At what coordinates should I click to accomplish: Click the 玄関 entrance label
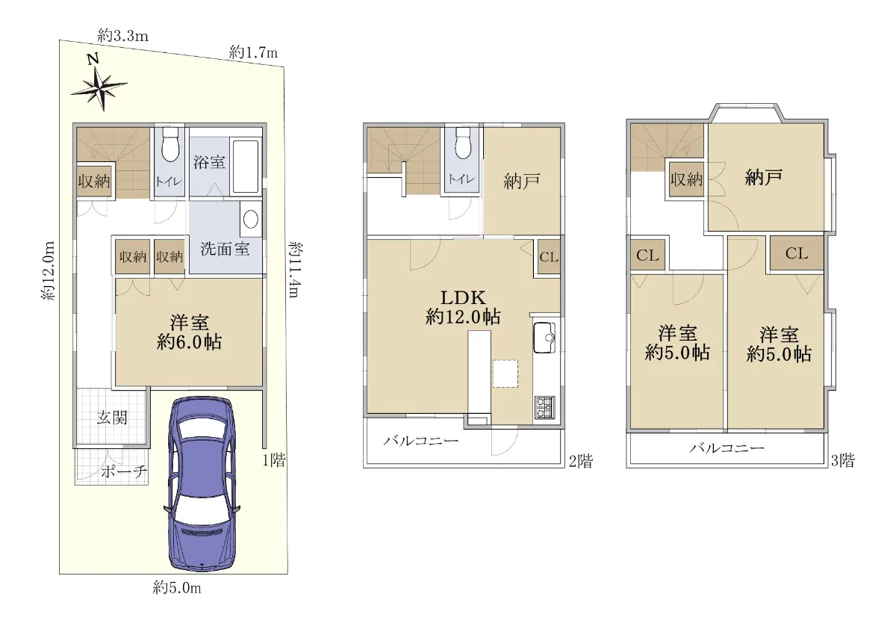coord(112,418)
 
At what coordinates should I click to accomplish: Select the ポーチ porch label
coord(124,472)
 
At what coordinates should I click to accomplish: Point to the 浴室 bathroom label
coord(209,162)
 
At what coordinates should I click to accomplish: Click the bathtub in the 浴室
coord(246,167)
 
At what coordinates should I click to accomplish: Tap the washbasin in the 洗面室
coord(251,220)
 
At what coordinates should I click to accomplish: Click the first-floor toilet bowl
coord(171,144)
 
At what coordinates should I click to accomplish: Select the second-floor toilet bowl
coord(463,143)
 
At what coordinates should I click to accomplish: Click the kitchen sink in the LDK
coord(544,337)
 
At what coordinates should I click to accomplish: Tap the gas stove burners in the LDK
coord(545,407)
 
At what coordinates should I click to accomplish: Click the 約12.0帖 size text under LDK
coord(463,317)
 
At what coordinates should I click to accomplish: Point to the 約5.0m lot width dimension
coord(177,588)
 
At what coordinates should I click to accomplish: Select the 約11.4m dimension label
coord(295,270)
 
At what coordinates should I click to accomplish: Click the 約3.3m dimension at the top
coord(122,37)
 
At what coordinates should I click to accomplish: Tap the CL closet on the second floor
coord(549,257)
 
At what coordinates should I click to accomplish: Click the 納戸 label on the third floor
coord(764,177)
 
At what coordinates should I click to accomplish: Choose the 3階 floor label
coord(843,461)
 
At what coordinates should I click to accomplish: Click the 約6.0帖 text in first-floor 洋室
coord(189,343)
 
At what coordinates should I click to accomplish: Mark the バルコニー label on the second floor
coord(421,441)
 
